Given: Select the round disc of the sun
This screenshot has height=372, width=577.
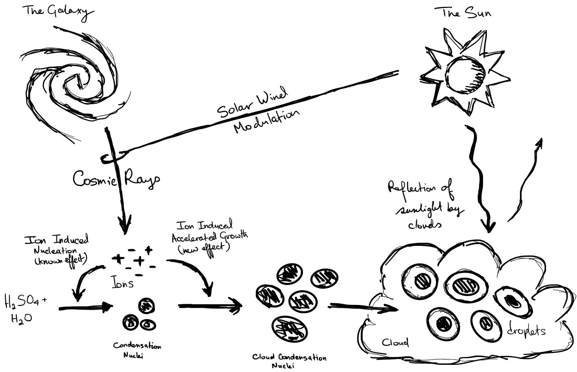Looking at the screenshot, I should [x=465, y=74].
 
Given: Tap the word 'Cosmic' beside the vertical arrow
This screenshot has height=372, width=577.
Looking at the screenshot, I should [x=94, y=179].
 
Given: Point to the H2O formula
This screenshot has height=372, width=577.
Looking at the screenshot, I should [x=21, y=319].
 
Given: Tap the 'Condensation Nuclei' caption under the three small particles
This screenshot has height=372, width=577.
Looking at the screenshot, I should [x=137, y=350].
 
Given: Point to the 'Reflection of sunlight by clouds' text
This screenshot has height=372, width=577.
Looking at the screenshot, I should [x=426, y=205].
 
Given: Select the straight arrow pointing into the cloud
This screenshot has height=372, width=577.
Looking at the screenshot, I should [x=362, y=307].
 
